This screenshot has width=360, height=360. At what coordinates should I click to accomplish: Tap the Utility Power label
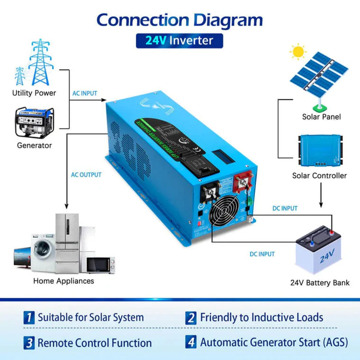[34, 93]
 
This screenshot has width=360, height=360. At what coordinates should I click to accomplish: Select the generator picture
[34, 122]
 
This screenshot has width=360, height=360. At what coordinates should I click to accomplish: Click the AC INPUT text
[85, 93]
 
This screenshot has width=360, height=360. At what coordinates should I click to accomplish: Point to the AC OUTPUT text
[86, 175]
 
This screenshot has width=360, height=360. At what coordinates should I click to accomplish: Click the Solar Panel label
[321, 117]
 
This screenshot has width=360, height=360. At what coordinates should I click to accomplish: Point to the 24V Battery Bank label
[320, 283]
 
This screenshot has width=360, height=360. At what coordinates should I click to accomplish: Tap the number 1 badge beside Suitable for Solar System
[29, 318]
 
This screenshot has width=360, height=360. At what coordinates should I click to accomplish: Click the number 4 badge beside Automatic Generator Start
[191, 342]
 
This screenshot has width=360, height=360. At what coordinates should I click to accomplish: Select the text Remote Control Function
[95, 342]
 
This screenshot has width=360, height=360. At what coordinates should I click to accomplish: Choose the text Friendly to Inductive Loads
[261, 317]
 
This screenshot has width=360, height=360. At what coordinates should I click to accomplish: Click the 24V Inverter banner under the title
[180, 41]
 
